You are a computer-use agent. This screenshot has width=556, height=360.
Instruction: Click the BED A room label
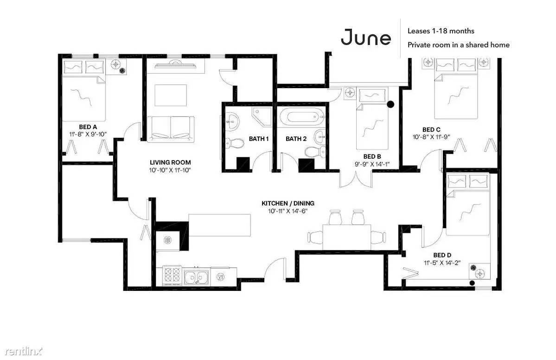(88, 127)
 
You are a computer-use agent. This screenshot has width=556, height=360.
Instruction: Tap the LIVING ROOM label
(170, 162)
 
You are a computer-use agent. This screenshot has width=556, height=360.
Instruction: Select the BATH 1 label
(258, 139)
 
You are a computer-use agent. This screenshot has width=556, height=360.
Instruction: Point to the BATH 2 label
(296, 139)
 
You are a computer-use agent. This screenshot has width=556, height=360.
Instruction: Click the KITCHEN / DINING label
(288, 203)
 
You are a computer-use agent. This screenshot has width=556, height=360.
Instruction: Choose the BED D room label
(442, 255)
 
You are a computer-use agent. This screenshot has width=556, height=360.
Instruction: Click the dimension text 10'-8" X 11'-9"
(431, 137)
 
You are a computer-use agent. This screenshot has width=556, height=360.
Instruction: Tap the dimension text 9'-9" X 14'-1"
(372, 164)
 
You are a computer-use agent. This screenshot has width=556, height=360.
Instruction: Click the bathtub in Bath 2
(301, 118)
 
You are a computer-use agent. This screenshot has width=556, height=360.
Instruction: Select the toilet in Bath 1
(234, 144)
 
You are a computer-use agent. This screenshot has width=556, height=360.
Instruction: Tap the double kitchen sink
(196, 276)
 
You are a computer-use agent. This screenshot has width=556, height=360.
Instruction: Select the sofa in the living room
(171, 129)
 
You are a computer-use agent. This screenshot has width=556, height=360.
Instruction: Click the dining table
(346, 237)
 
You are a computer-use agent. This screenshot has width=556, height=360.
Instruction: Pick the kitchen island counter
(219, 225)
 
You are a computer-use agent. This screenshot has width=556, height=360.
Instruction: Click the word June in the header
(366, 37)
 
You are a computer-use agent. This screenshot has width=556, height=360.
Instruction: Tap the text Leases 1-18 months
(441, 31)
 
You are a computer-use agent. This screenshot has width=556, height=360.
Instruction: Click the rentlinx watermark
(23, 352)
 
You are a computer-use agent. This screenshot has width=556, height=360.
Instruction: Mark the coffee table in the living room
(171, 95)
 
